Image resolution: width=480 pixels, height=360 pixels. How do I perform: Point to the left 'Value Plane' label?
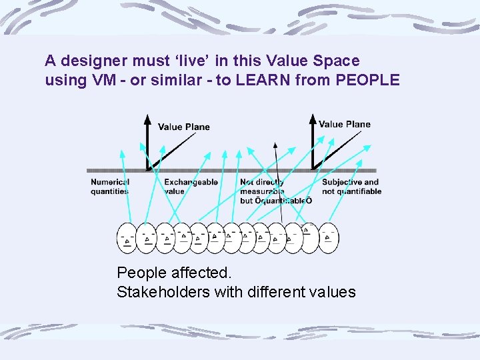click(183, 127)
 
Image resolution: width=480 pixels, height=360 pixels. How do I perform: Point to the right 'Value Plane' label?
click(344, 124)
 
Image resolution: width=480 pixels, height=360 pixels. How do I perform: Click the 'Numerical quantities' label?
click(110, 187)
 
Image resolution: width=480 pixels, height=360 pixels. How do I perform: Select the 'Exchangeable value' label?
click(191, 187)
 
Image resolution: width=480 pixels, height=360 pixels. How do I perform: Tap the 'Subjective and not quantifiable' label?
click(351, 187)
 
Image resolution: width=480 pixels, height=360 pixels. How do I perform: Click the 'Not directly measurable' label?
click(263, 187)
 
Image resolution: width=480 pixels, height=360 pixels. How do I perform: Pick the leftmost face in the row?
click(127, 238)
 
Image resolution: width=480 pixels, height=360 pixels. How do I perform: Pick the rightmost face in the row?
click(328, 237)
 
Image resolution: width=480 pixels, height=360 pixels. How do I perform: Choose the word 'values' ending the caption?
click(331, 292)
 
